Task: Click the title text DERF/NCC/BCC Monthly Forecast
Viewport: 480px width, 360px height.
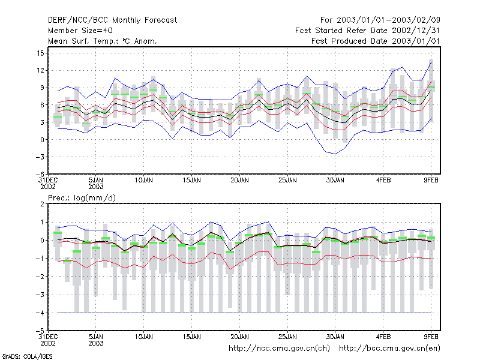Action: tap(112, 20)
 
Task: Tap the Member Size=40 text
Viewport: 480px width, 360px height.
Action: tap(80, 31)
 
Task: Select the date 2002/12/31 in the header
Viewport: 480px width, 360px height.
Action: tap(416, 31)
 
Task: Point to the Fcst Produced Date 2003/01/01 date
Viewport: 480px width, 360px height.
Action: tap(376, 41)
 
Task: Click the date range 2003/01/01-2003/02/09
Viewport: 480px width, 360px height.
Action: tap(388, 20)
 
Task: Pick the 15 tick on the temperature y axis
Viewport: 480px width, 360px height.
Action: tap(40, 53)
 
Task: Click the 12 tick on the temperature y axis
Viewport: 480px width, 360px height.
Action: tap(40, 70)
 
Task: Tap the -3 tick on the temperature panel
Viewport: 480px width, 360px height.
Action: tap(39, 157)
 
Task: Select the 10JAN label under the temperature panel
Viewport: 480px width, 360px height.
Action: tap(144, 181)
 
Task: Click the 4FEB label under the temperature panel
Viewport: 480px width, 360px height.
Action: tap(383, 181)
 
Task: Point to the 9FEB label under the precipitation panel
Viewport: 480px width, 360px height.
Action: tap(431, 337)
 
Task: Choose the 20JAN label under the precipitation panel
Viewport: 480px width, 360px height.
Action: tap(239, 337)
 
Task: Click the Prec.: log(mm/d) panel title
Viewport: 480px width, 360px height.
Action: tap(82, 198)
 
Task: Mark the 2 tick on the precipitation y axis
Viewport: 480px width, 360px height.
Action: tap(42, 204)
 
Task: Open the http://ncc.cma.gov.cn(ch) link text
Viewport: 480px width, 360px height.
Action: tap(279, 349)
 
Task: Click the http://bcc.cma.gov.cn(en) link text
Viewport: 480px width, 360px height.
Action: tap(389, 349)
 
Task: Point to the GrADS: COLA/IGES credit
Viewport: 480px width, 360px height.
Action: tap(27, 356)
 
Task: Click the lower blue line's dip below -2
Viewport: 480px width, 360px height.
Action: tap(335, 154)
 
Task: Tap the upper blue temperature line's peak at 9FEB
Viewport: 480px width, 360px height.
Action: tap(431, 62)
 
